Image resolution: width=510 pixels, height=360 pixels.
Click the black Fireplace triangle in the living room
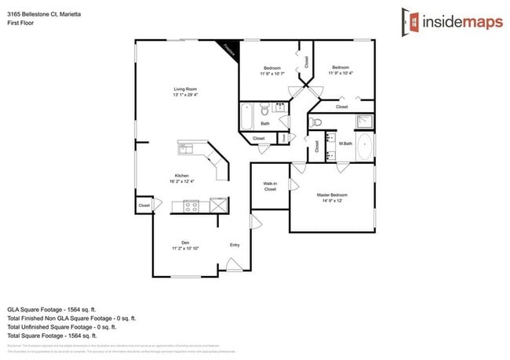coord(229,48)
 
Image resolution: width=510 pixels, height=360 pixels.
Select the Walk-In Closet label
coord(270,186)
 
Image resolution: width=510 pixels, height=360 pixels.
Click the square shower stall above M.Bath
coord(365,122)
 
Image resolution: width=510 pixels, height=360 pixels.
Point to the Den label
coord(185,242)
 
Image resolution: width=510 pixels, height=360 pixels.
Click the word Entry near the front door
coord(235,245)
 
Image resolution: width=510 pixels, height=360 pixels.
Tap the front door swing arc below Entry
coord(234,267)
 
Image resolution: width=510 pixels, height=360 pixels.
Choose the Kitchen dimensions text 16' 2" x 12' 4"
coord(182,181)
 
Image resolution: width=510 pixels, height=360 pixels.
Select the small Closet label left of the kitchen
coord(144,205)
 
